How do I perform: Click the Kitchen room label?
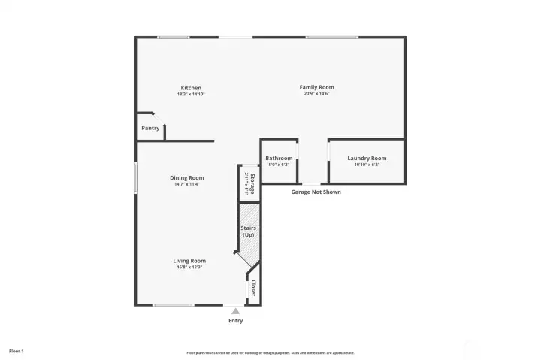190,88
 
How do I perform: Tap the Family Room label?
316,88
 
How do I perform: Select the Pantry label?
150,129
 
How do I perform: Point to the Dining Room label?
189,178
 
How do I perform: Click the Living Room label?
189,261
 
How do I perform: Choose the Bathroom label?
279,158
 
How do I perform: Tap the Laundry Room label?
367,158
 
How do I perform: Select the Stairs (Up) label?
248,231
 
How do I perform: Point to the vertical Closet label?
253,288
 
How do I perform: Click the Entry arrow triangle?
235,311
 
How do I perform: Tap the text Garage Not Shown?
316,192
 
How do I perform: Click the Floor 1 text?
17,351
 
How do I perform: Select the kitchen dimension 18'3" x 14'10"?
190,95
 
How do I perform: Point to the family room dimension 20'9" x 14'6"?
316,94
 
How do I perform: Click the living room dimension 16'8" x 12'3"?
189,268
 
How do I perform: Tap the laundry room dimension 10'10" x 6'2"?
367,165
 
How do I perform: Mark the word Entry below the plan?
235,321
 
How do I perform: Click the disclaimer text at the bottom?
270,352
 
